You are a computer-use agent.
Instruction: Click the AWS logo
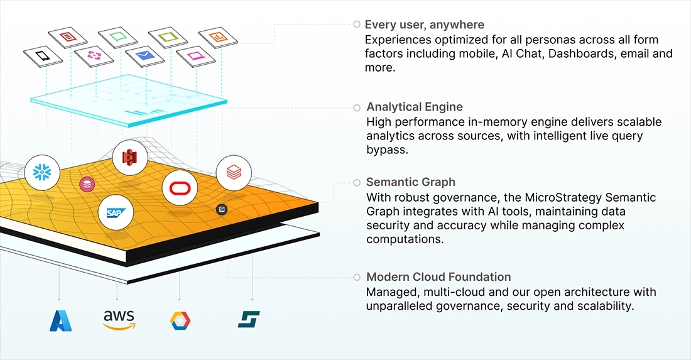click(119, 319)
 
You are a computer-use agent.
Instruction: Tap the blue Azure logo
click(61, 320)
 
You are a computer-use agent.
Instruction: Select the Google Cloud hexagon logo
click(180, 320)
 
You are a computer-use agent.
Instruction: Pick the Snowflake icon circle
click(43, 172)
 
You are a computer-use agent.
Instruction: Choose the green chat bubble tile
click(118, 37)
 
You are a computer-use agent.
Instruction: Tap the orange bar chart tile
click(217, 37)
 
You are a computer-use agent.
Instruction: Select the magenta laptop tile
click(195, 56)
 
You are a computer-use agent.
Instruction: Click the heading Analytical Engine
click(414, 107)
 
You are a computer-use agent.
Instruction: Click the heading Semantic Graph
click(410, 182)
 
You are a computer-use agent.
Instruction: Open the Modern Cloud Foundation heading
click(438, 277)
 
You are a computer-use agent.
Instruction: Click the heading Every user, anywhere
click(425, 25)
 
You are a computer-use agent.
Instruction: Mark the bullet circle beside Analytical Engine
click(357, 107)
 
